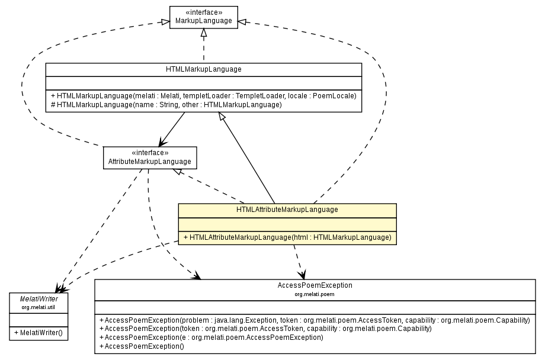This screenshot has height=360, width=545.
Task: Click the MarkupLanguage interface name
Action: point(203,21)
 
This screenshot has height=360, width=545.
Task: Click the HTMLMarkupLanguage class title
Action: point(203,69)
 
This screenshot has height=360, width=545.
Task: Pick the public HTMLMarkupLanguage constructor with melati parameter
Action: point(203,95)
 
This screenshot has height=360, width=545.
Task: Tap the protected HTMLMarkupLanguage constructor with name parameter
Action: point(166,104)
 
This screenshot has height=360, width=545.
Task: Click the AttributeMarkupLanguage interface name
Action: point(149,162)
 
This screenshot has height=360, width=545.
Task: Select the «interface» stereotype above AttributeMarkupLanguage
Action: point(149,153)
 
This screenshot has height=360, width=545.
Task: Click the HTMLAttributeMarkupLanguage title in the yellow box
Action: point(287,210)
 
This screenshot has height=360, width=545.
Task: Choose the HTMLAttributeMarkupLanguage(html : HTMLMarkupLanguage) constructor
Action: point(287,237)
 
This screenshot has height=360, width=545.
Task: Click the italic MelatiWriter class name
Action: point(38,299)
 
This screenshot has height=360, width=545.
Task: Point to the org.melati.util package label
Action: point(38,307)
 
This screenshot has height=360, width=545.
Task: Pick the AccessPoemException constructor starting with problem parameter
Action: point(315,320)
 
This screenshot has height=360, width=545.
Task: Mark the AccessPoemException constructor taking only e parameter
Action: point(211,337)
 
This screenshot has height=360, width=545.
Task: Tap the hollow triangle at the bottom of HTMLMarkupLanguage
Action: point(222,117)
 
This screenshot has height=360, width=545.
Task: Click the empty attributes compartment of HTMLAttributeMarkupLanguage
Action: point(287,224)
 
